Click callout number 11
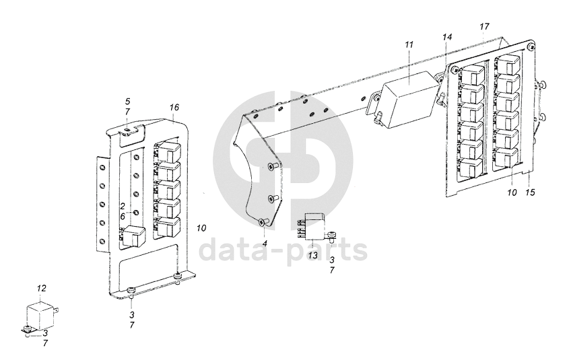pos(409,45)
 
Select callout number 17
pos(485,26)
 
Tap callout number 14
pos(447,37)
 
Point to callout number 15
pos(530,192)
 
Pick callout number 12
pos(42,289)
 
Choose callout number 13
pos(312,256)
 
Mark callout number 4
pos(265,244)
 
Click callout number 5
pos(127,101)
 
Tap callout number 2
pos(123,207)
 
